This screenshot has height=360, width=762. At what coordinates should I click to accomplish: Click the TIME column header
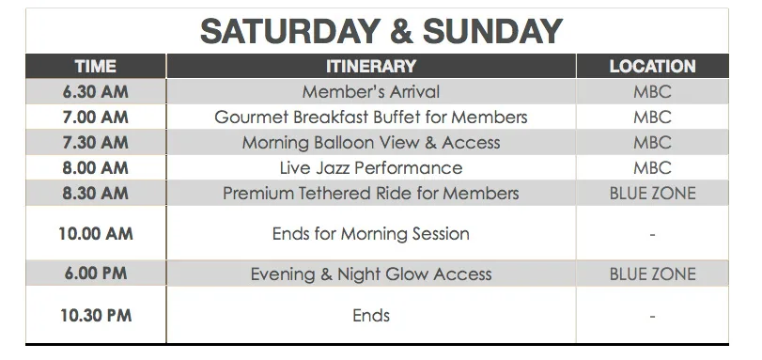(95, 66)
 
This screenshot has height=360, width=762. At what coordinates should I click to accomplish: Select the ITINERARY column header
(371, 66)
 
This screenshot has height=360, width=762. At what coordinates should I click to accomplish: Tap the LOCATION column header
(652, 66)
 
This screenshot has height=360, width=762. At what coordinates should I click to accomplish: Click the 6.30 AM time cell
(95, 92)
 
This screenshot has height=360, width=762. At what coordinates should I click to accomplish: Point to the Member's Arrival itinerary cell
(371, 92)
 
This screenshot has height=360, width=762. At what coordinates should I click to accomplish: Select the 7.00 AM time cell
(95, 117)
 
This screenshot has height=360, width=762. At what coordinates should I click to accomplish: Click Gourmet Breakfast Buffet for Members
(371, 117)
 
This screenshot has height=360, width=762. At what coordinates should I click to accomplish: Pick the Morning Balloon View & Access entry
(371, 143)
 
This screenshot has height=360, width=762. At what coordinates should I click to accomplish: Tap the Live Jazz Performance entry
(371, 168)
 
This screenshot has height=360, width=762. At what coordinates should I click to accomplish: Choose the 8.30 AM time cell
(95, 193)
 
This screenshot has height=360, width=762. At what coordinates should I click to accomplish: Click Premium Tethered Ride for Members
(371, 193)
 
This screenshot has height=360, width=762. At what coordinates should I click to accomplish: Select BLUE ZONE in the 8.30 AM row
(652, 193)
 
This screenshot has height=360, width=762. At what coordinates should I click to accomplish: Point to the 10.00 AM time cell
(95, 233)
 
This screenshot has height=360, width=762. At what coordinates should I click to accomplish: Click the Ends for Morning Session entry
(371, 233)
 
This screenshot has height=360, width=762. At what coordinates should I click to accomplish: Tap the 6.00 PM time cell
(95, 274)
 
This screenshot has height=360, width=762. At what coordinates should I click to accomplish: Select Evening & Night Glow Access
(371, 274)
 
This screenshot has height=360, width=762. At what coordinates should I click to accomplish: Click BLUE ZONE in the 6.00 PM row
(652, 274)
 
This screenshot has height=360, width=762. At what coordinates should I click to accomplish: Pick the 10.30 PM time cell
(95, 315)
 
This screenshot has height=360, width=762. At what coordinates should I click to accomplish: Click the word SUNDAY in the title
(492, 31)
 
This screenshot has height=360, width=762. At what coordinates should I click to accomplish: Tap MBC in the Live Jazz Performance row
(652, 168)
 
